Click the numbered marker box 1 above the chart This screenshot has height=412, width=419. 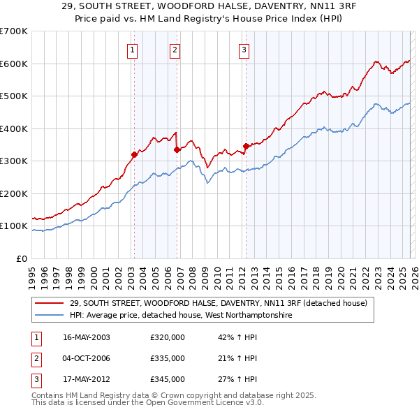click(x=133, y=49)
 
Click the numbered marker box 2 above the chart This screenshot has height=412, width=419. click(x=174, y=49)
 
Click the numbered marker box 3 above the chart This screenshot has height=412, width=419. click(x=244, y=49)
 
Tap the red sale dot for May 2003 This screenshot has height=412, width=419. click(x=134, y=155)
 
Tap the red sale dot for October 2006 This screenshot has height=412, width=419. click(x=177, y=149)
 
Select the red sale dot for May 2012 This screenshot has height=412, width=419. click(x=246, y=147)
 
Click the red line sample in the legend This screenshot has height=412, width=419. click(x=50, y=304)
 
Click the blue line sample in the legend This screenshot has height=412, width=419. click(x=50, y=316)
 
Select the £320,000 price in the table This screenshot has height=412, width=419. click(x=167, y=337)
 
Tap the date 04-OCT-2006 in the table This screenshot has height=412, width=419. click(x=87, y=358)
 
